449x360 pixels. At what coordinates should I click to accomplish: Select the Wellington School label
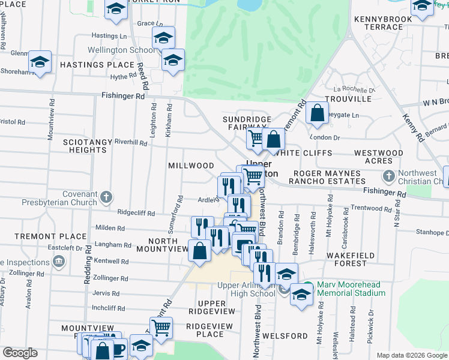(121, 50)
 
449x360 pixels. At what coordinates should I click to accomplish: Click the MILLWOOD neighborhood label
(191, 166)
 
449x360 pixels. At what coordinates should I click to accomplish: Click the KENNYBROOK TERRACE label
(383, 23)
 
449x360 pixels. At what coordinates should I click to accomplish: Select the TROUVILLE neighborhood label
(348, 98)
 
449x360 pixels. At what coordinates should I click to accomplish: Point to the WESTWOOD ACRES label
(378, 157)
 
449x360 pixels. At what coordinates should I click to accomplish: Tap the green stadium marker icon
(308, 286)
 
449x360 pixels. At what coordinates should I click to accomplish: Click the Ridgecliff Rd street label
(136, 213)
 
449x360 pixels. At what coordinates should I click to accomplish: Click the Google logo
(20, 353)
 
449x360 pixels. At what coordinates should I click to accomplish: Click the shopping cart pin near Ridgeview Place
(161, 328)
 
